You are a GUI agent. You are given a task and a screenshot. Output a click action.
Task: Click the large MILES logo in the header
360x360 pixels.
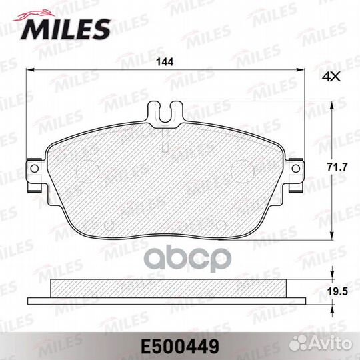click(67, 28)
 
